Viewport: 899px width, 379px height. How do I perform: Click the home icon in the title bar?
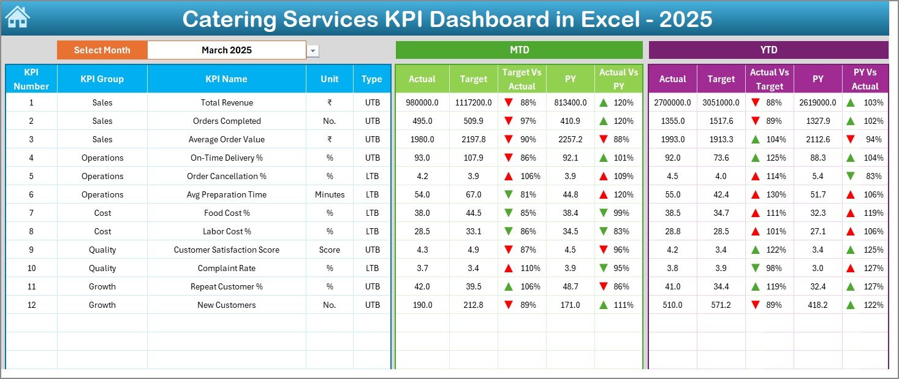(17, 18)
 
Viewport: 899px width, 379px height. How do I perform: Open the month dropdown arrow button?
(313, 51)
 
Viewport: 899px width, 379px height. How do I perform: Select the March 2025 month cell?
(227, 50)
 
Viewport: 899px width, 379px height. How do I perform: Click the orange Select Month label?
(102, 50)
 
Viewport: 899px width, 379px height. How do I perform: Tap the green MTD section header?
(519, 50)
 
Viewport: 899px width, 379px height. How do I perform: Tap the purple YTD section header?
(768, 50)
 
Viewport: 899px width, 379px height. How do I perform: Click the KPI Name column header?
(226, 79)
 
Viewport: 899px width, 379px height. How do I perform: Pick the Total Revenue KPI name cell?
(226, 102)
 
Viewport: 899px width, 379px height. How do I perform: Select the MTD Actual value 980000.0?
(422, 102)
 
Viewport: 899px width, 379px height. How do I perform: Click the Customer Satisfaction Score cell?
(226, 250)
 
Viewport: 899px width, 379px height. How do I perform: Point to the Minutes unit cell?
(330, 194)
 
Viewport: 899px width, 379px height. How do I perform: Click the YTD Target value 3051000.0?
(721, 102)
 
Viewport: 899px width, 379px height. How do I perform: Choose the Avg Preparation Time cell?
(226, 194)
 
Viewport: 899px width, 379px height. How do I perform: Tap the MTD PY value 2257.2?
(571, 139)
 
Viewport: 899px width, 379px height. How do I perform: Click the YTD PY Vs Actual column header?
(865, 79)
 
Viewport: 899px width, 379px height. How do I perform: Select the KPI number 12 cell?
(31, 305)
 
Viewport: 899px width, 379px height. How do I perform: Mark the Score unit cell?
(330, 250)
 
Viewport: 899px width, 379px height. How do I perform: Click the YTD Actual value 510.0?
(672, 305)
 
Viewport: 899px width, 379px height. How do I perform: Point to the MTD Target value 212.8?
(474, 305)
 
